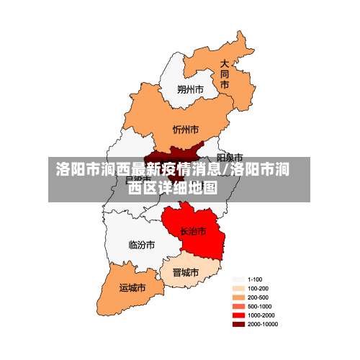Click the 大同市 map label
[x=225, y=74]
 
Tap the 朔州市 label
[x=190, y=90]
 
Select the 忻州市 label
[x=186, y=130]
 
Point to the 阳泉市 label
[x=230, y=157]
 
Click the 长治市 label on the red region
[x=193, y=231]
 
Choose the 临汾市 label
[x=141, y=245]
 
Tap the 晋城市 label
[x=185, y=273]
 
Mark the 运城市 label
[x=132, y=287]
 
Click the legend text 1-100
[x=255, y=279]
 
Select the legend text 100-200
[x=258, y=288]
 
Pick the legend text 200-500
[x=258, y=297]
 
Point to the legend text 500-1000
[x=259, y=305]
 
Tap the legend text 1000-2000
[x=261, y=314]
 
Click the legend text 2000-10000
[x=262, y=323]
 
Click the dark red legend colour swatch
[x=238, y=323]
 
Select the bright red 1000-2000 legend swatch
[x=238, y=314]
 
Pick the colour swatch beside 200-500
[x=238, y=297]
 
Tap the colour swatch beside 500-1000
[x=238, y=305]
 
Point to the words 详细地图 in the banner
[x=189, y=189]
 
